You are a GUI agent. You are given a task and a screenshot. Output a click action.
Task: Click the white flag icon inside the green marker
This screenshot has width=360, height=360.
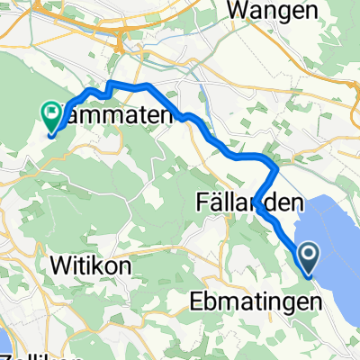tap(51, 113)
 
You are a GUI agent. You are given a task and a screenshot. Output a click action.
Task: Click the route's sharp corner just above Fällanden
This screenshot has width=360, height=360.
tap(275, 166)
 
